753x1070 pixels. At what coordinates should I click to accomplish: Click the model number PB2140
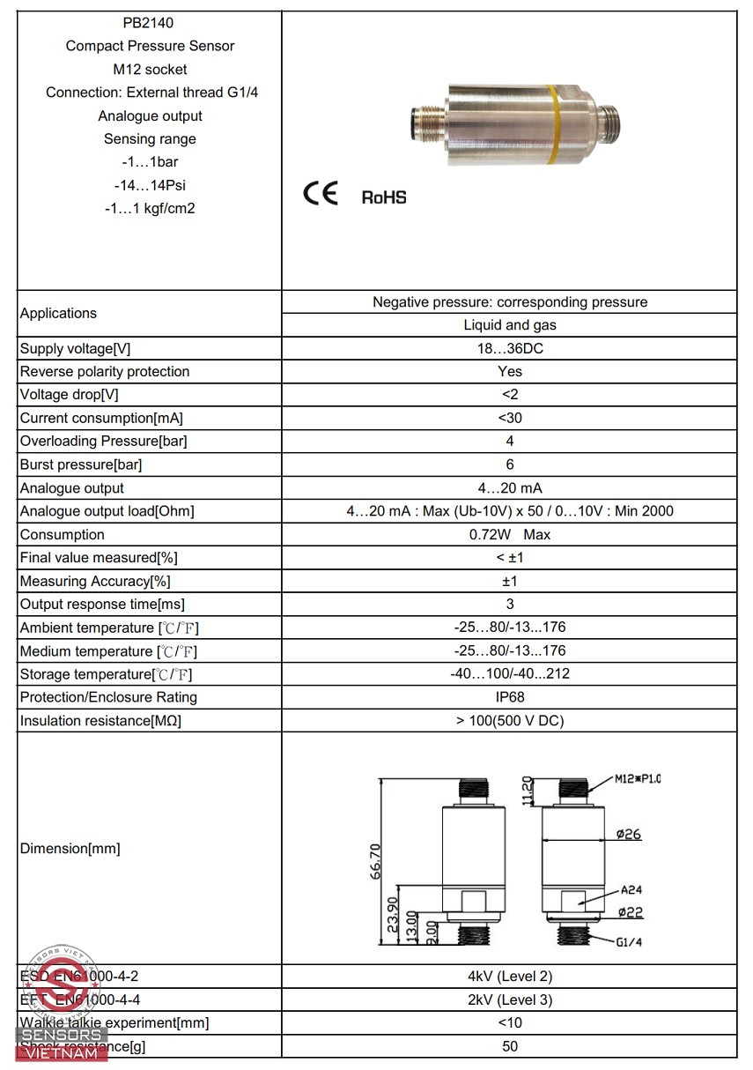[x=150, y=23]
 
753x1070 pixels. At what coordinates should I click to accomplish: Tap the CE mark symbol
[x=321, y=194]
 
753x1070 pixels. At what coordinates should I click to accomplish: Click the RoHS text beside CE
[x=384, y=197]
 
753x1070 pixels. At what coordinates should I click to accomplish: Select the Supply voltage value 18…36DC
[x=510, y=348]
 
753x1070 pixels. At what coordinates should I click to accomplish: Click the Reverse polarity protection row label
[x=105, y=372]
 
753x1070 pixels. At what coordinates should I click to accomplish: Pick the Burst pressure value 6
[x=510, y=464]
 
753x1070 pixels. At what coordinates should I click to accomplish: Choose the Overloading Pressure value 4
[x=510, y=441]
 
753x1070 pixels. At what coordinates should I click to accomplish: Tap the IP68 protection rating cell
[x=510, y=697]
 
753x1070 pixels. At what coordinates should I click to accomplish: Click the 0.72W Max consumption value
[x=510, y=535]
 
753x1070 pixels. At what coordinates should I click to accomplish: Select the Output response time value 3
[x=510, y=605]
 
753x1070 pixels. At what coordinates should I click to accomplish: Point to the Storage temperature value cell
[x=510, y=674]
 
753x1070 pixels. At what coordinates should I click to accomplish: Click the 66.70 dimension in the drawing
[x=376, y=861]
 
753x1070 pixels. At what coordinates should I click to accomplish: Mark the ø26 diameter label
[x=629, y=834]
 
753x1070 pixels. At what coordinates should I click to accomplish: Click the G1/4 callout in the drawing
[x=629, y=941]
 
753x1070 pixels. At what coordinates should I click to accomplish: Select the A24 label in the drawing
[x=631, y=890]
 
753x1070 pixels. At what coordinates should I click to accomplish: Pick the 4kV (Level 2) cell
[x=510, y=977]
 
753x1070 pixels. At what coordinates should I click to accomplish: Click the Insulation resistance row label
[x=100, y=721]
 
